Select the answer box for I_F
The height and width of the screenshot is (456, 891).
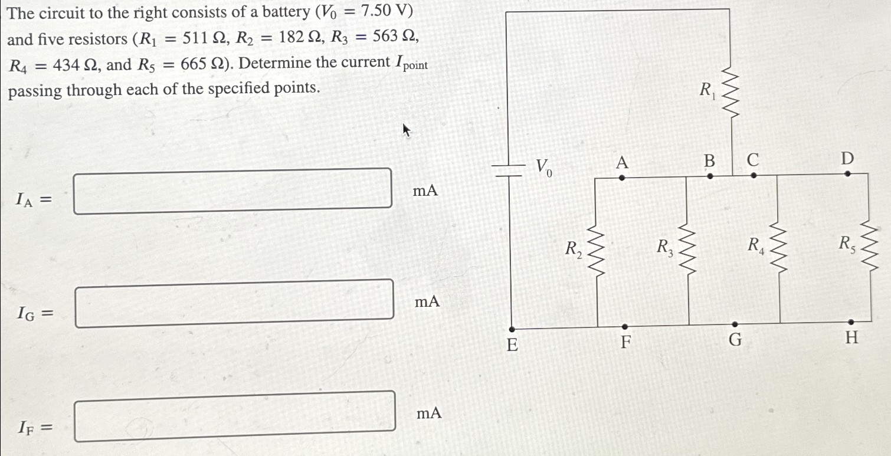pos(234,416)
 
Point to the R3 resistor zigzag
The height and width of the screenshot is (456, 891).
pos(688,250)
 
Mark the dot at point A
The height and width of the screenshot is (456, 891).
pos(621,176)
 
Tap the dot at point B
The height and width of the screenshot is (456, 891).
pos(710,176)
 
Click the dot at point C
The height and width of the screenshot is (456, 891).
pos(754,175)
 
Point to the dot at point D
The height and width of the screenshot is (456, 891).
pos(847,174)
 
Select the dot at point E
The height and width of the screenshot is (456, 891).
pos(512,329)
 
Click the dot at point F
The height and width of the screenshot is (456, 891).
pos(625,326)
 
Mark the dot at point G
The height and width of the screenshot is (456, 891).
pos(735,324)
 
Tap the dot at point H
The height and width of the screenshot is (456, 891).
pos(850,322)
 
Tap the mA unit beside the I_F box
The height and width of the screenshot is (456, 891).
pos(429,414)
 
